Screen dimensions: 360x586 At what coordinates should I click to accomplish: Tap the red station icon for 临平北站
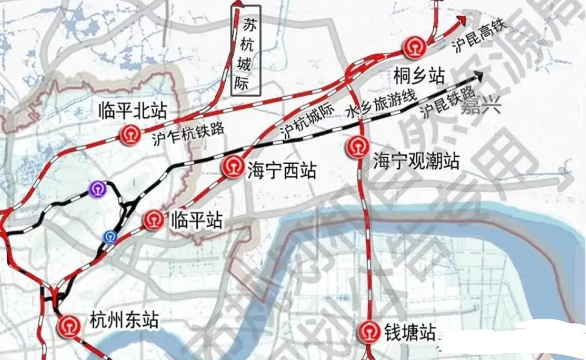(x=130, y=133)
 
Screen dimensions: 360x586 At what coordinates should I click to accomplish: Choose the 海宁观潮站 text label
(x=416, y=162)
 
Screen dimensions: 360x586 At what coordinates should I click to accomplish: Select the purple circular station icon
(x=97, y=189)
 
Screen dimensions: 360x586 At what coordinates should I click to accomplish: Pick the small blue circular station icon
(x=110, y=237)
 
